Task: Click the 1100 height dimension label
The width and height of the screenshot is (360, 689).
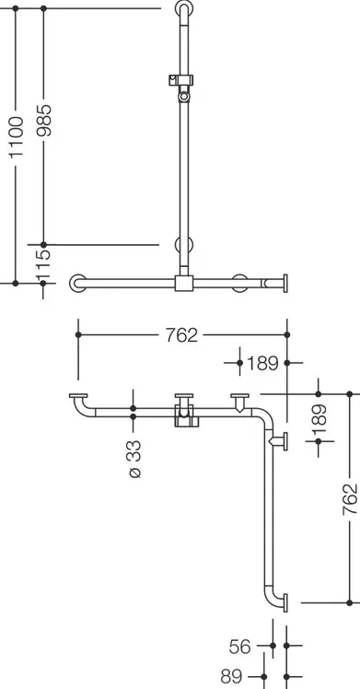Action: [17, 136]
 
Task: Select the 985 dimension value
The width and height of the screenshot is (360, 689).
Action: [44, 120]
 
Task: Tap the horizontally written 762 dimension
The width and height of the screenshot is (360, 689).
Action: [181, 335]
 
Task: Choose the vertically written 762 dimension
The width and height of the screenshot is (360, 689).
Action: [350, 499]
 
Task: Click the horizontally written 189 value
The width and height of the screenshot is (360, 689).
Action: [262, 364]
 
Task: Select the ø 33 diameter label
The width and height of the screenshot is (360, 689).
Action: [135, 459]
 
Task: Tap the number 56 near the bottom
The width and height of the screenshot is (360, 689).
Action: [239, 647]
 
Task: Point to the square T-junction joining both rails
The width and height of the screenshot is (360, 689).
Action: [184, 284]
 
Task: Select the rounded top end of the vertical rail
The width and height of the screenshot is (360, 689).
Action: [184, 8]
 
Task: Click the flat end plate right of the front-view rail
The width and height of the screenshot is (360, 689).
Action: [285, 284]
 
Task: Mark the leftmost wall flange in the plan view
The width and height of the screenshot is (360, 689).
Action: [78, 396]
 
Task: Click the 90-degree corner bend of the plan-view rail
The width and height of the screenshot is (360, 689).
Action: [266, 415]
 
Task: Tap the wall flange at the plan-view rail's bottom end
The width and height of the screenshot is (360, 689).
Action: [285, 602]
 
